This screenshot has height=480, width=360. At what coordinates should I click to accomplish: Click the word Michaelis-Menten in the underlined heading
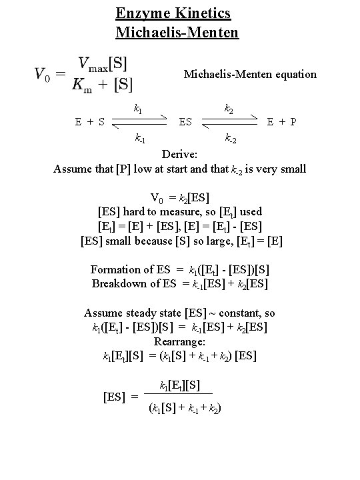point(177,31)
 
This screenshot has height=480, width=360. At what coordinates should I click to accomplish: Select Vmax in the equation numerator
point(93,64)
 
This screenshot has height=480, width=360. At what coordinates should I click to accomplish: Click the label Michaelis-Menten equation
point(250,74)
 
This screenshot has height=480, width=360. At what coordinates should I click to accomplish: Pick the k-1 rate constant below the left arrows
point(140,139)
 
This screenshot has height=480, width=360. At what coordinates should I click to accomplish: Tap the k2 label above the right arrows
point(228,107)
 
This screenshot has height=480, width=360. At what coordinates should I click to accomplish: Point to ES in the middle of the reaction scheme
point(186,122)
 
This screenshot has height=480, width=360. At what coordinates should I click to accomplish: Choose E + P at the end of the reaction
point(281,122)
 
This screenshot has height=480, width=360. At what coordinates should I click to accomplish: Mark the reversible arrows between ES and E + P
point(229,123)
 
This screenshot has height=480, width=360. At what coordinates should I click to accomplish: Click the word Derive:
point(179,155)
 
